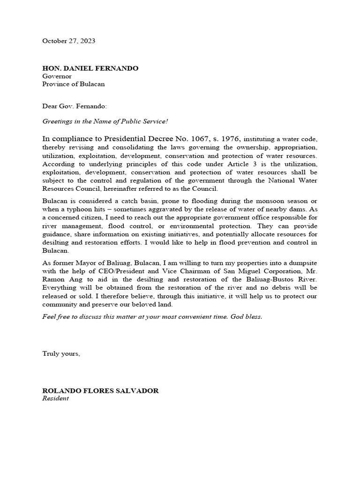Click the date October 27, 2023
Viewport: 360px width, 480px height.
pyautogui.click(x=68, y=41)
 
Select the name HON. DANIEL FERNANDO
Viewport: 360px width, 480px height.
pyautogui.click(x=90, y=68)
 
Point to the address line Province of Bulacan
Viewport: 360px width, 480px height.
pyautogui.click(x=74, y=84)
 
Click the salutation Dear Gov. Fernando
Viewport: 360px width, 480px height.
pyautogui.click(x=75, y=107)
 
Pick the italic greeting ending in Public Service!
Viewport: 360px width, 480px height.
pyautogui.click(x=105, y=121)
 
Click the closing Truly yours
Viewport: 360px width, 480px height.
pyautogui.click(x=61, y=354)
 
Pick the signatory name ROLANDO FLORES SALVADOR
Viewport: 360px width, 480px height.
pyautogui.click(x=100, y=390)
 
